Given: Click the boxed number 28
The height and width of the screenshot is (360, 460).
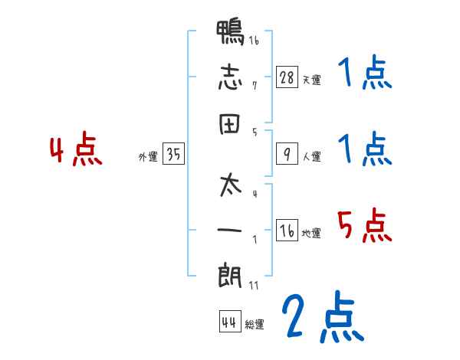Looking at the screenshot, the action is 286,77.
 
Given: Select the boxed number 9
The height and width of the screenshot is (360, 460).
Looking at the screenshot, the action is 286,154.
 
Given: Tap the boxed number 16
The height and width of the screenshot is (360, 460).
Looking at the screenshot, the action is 286,231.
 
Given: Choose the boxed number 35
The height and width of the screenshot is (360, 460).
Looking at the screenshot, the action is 173,154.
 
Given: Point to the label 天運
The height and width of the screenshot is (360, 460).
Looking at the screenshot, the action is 311,80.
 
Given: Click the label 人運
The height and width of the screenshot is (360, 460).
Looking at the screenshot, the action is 311,156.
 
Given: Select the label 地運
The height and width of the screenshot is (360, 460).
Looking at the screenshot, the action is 311,233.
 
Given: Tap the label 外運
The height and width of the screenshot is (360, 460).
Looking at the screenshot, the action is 148,156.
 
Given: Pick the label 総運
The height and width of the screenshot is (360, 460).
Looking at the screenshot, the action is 255,324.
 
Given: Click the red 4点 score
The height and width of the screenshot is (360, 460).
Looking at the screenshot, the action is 76,151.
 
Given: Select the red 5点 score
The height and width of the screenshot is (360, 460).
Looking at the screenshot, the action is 364,225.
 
